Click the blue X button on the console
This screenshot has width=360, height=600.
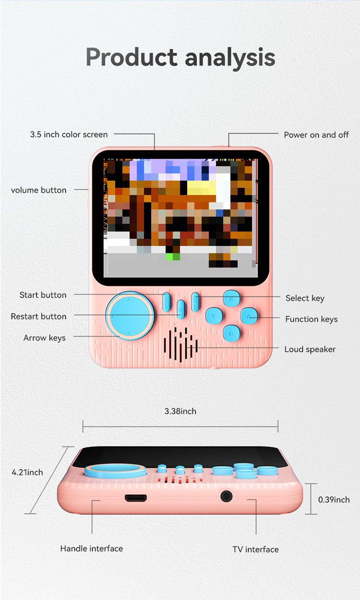[231, 298]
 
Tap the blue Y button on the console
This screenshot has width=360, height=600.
[214, 316]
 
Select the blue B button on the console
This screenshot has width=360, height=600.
[231, 333]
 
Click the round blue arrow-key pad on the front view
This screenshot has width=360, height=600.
[130, 316]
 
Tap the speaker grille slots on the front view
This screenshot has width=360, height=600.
[180, 344]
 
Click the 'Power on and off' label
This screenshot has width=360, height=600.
[316, 135]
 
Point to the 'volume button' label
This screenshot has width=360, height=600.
[38, 190]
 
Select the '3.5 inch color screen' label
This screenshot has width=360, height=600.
[69, 135]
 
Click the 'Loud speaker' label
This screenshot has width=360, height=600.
[310, 349]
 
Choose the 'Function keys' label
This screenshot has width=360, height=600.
[312, 319]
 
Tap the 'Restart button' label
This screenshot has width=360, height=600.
[38, 317]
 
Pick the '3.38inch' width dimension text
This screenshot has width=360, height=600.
[180, 411]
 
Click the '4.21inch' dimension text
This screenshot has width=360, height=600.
[27, 472]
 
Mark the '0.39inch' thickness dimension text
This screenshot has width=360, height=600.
[334, 500]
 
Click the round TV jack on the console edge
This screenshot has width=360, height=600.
[227, 496]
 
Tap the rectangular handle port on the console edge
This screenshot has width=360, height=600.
[136, 498]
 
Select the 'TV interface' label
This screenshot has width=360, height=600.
[256, 550]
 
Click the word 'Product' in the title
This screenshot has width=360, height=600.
[132, 57]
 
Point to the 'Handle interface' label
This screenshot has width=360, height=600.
[92, 549]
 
